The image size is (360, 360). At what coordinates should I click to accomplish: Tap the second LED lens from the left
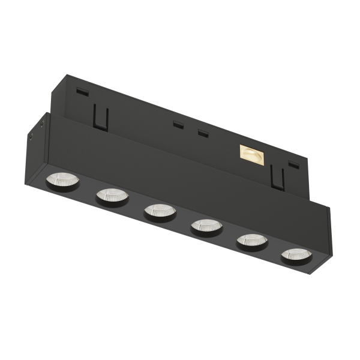pyautogui.click(x=112, y=194)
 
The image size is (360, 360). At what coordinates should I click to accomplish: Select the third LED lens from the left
pyautogui.click(x=159, y=211)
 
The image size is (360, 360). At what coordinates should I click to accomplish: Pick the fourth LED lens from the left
pyautogui.click(x=206, y=226)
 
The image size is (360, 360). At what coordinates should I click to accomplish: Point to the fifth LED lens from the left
pyautogui.click(x=251, y=241)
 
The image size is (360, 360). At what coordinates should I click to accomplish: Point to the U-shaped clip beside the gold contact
pyautogui.click(x=277, y=178)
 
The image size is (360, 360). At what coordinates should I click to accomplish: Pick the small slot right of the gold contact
pyautogui.click(x=293, y=164)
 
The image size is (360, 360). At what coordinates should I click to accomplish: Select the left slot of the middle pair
pyautogui.click(x=178, y=125)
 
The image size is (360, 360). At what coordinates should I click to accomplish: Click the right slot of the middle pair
pyautogui.click(x=203, y=133)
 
